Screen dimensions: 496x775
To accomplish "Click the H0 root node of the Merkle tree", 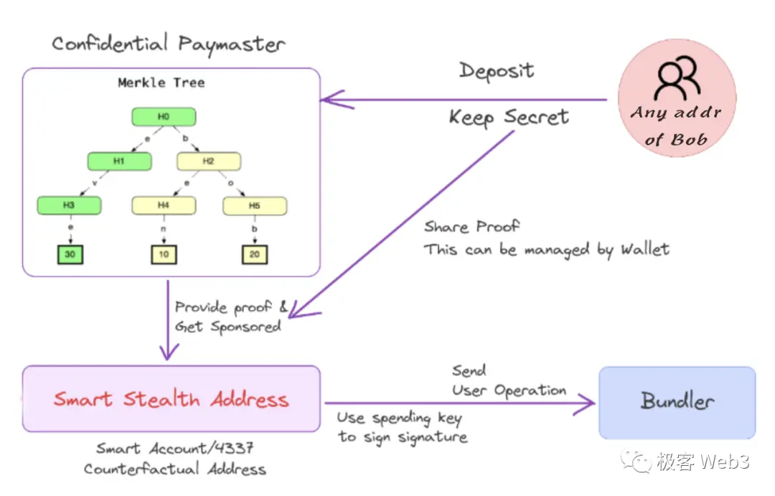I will point(164,117).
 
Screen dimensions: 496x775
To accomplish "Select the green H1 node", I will point(119,162).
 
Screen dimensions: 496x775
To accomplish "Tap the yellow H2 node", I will point(208,162).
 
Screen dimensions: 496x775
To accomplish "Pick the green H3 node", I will point(69,205).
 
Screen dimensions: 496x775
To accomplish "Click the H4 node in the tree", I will point(164,205).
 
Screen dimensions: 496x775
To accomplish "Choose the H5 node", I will point(255,206).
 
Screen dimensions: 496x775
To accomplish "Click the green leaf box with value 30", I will point(70,255).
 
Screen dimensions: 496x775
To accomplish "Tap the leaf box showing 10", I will point(164,255).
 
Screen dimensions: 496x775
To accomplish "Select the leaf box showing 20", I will point(255,255).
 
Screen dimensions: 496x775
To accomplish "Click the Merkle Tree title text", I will point(161,83).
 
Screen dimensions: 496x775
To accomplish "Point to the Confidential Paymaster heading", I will point(169,45).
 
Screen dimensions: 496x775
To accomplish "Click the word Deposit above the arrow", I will point(497,71).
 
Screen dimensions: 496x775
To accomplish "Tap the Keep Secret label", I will point(509,117).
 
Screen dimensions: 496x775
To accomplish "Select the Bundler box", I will point(677,402).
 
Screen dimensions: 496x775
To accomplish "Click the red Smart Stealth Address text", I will point(171,399).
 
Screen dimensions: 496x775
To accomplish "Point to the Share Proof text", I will point(471,227).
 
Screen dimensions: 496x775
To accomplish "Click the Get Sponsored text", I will point(227,327).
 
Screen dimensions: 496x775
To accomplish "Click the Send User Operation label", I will point(509,381).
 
